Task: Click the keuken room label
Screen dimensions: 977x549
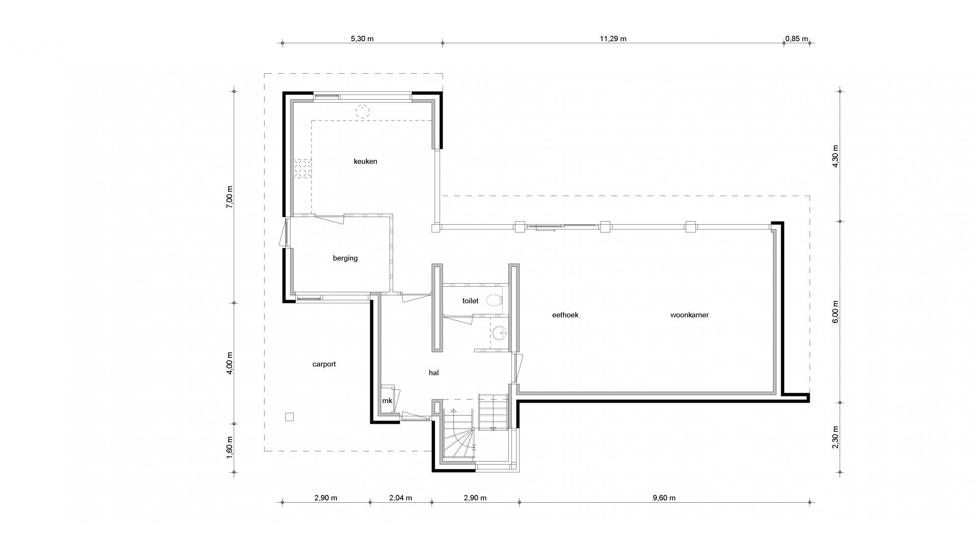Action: click(365, 162)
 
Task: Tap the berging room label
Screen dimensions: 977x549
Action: click(345, 258)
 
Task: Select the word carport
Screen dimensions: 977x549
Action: click(324, 364)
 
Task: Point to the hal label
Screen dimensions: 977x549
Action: click(434, 373)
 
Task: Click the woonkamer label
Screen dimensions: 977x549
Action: click(689, 315)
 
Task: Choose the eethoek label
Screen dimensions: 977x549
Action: click(565, 315)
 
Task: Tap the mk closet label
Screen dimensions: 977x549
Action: click(387, 401)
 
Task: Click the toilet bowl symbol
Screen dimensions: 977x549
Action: click(494, 300)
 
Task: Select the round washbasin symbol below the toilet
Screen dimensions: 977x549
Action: click(500, 333)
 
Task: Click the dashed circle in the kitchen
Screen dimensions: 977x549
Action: click(362, 111)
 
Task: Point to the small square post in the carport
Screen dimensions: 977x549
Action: click(290, 417)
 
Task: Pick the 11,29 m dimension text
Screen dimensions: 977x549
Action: click(613, 39)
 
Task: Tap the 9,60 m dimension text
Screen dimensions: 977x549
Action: click(664, 498)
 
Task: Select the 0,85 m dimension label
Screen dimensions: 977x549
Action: click(796, 39)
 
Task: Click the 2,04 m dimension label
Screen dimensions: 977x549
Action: click(400, 498)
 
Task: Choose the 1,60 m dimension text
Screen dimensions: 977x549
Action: click(229, 447)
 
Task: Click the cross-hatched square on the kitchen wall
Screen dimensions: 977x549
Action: click(302, 168)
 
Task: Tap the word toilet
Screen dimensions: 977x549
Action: click(470, 301)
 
